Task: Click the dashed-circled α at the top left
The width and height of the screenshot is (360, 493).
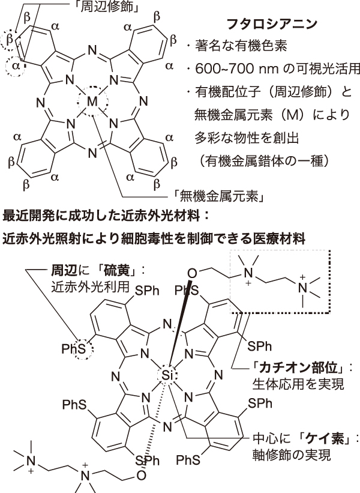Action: pos(16,65)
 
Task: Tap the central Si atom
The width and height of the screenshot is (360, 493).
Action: pos(167,375)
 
